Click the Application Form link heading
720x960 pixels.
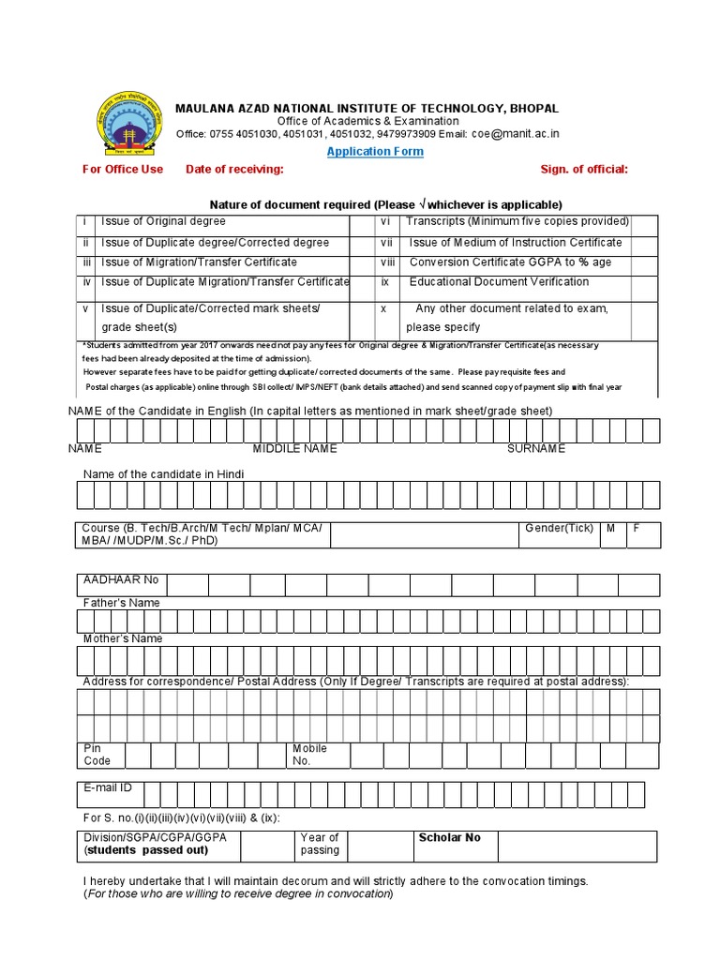point(375,151)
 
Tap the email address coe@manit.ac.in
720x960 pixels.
point(515,134)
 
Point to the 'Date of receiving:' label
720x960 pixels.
point(234,169)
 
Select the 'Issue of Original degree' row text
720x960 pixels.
point(163,221)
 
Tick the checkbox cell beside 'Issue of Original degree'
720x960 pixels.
point(362,222)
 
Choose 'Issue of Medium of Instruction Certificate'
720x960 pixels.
point(516,242)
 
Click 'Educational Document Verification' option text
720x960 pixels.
point(499,281)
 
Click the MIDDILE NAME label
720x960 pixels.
point(294,449)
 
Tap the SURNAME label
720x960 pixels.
point(536,449)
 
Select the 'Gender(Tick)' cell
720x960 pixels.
point(559,528)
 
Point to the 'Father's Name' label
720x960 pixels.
point(122,603)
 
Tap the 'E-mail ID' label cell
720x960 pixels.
point(108,788)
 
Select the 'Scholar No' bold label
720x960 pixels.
point(449,837)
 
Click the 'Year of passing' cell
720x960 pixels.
point(320,844)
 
